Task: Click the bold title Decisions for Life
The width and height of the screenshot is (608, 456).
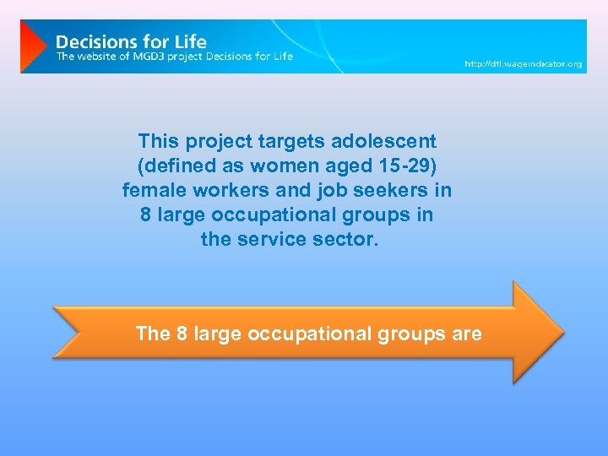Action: [131, 41]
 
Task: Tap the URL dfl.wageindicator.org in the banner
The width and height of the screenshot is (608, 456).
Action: [524, 64]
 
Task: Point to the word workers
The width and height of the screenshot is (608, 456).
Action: [234, 190]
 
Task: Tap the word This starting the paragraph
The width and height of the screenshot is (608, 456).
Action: [159, 141]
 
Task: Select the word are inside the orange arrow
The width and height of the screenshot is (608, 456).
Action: [467, 334]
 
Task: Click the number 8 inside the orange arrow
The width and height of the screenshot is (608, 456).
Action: [182, 334]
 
